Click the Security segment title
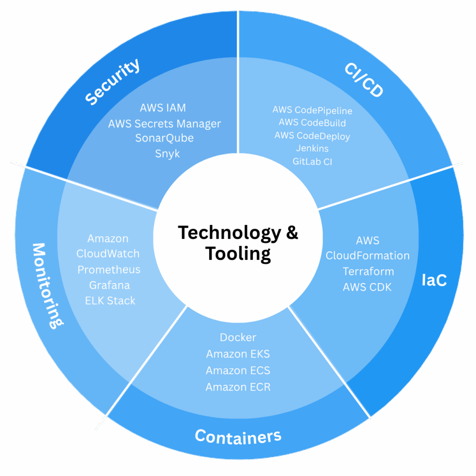coord(113,82)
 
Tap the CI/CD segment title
coord(364,80)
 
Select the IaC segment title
coord(434,280)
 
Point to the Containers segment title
coord(238,436)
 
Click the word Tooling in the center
coord(238,254)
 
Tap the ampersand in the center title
coord(292,232)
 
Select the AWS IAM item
coord(163,108)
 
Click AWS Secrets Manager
coord(165,124)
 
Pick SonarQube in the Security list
coord(165,138)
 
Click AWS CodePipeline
coord(312,111)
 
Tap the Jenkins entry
coord(312,149)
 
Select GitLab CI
coord(312,162)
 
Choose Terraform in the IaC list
coord(368,271)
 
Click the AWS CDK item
coord(367,287)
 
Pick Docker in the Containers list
coord(238,337)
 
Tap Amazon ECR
coord(238,387)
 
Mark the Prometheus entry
coord(109,270)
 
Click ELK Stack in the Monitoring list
coord(110,301)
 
